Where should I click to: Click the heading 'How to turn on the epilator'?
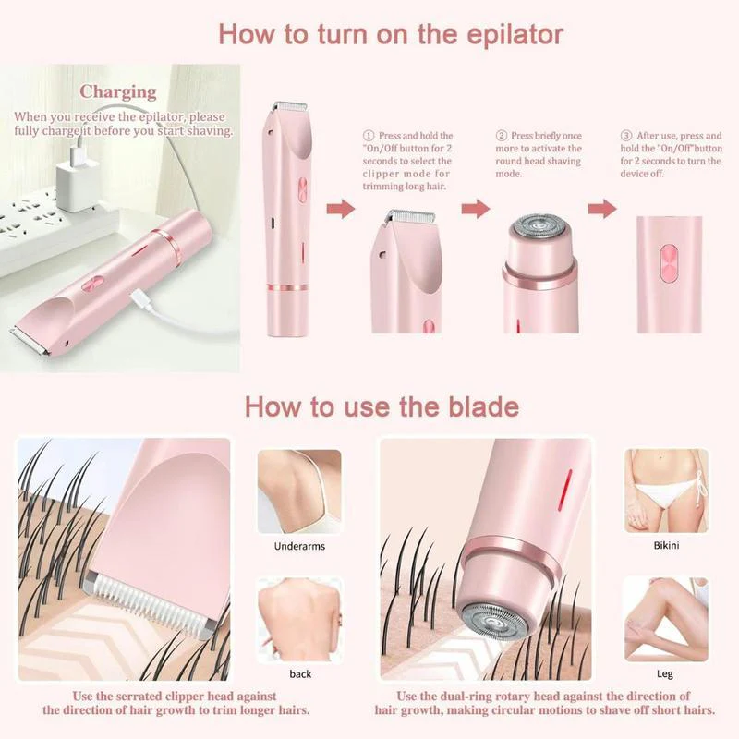[x=391, y=35]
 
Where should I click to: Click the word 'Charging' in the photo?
[x=117, y=91]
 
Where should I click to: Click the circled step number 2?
[x=502, y=135]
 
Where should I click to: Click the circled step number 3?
[x=625, y=135]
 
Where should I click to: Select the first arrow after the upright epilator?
[x=341, y=210]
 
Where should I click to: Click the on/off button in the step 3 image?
[x=667, y=261]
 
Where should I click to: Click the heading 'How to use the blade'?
[x=382, y=406]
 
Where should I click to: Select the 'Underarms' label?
[x=298, y=546]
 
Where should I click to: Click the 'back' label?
[x=300, y=673]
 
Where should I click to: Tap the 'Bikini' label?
[x=666, y=546]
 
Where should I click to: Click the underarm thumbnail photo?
[x=299, y=491]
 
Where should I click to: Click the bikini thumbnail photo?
[x=666, y=491]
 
